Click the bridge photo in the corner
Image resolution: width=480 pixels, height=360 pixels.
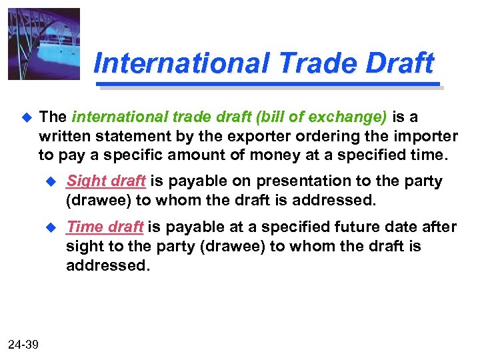44,44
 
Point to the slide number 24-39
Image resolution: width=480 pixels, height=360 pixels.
23,344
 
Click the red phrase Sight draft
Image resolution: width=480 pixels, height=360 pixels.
106,181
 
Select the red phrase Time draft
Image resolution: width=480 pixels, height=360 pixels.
105,227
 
